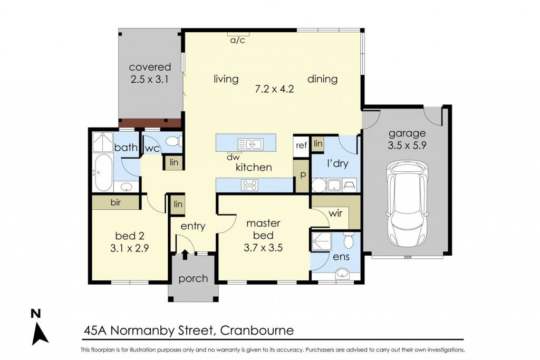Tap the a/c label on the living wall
(238, 40)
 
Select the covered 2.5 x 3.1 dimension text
(150, 80)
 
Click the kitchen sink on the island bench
(250, 144)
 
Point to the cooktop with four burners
(249, 185)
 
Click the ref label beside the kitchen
(301, 145)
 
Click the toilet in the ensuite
(349, 240)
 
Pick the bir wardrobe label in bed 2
(115, 202)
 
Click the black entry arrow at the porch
(185, 255)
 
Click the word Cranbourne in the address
(257, 330)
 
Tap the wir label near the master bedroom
(335, 213)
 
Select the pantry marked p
(303, 175)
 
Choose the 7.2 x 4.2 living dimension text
(274, 89)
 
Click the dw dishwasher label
(233, 158)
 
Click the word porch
(193, 278)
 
